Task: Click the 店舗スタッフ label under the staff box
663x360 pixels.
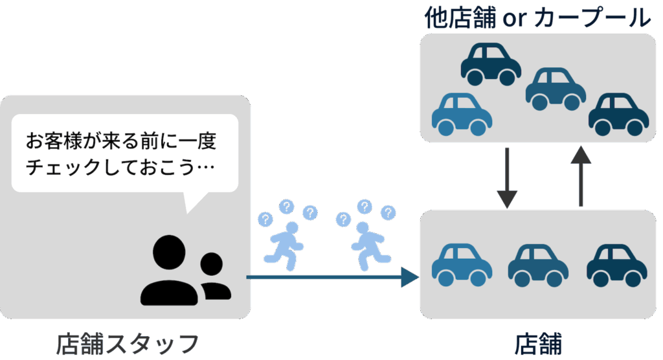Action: point(128,344)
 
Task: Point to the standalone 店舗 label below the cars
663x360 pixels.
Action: point(538,344)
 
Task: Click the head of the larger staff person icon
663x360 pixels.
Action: point(169,252)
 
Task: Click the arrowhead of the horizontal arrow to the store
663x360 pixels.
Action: point(409,278)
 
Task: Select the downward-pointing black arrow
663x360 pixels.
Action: point(507,177)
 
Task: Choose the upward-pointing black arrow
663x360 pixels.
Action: point(581,176)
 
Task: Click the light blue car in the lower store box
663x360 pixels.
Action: point(462,265)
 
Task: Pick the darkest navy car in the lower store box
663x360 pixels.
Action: point(617,265)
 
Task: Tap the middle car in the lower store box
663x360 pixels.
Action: point(538,265)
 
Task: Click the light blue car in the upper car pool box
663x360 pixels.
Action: point(462,114)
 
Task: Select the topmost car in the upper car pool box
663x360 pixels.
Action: point(491,64)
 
